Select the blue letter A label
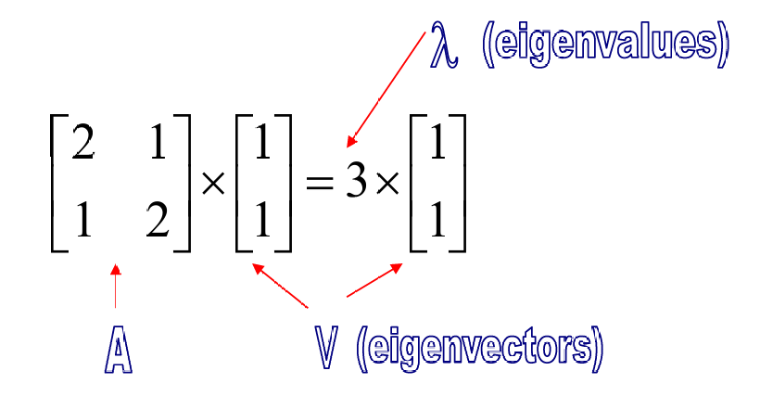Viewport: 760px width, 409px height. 118,351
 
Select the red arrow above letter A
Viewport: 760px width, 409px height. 115,288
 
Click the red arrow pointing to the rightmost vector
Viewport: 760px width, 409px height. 374,280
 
